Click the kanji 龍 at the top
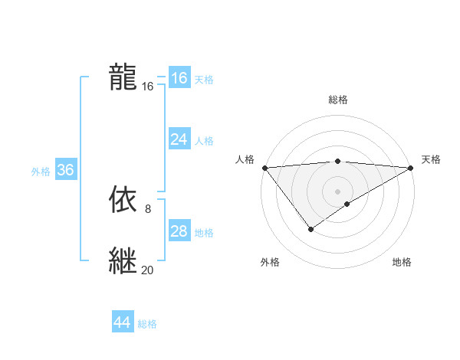(x=123, y=77)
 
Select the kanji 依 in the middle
(x=123, y=199)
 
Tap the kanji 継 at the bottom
(x=123, y=260)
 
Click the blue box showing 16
(x=179, y=78)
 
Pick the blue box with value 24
(x=179, y=139)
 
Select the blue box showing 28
(x=179, y=231)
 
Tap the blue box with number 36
(x=65, y=170)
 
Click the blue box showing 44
(x=123, y=322)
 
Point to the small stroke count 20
(x=147, y=270)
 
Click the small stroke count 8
(x=147, y=208)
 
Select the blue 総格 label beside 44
(x=147, y=324)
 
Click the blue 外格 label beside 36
(x=41, y=172)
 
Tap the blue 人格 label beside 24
(x=204, y=141)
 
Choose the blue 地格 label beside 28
(x=204, y=233)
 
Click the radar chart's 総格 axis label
(x=337, y=100)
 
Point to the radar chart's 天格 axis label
(x=431, y=159)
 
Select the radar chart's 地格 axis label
(x=402, y=263)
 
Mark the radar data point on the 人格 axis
(x=264, y=167)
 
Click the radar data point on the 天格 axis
(x=410, y=167)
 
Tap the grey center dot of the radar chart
(x=337, y=191)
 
